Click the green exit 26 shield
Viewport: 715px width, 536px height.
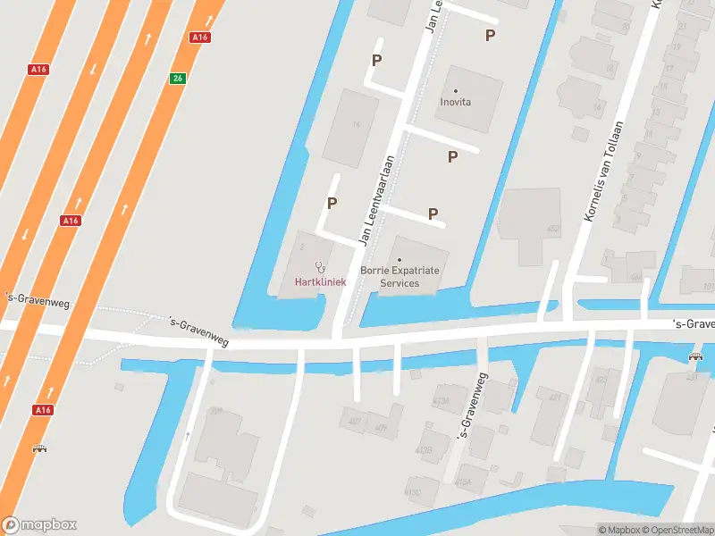click(x=178, y=79)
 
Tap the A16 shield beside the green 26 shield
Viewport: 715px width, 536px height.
click(x=200, y=38)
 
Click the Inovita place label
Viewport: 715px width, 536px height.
click(x=455, y=102)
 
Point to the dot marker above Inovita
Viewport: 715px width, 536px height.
click(x=455, y=90)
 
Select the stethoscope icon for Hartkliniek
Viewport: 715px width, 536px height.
click(x=320, y=266)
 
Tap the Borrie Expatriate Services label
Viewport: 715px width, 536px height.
click(x=399, y=276)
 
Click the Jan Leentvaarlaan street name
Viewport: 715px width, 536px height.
click(x=376, y=200)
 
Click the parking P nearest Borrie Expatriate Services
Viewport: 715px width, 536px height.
click(x=433, y=214)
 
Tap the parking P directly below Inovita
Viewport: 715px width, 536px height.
click(x=452, y=156)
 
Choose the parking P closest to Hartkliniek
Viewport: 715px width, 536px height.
click(x=332, y=203)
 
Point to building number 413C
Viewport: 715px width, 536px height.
click(x=412, y=491)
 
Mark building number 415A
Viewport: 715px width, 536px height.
click(x=462, y=482)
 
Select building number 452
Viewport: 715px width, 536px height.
click(x=553, y=229)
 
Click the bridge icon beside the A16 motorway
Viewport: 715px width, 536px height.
click(x=39, y=448)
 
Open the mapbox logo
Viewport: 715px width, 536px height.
click(x=40, y=524)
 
